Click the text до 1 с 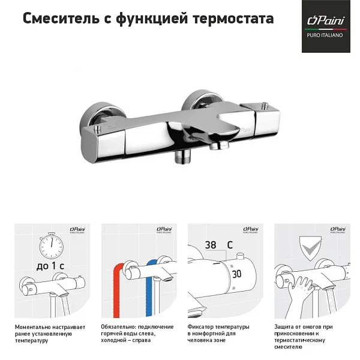tap(50, 266)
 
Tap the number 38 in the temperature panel tap(211, 245)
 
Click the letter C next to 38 tap(230, 245)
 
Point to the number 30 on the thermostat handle tap(237, 274)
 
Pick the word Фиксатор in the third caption tap(202, 327)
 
